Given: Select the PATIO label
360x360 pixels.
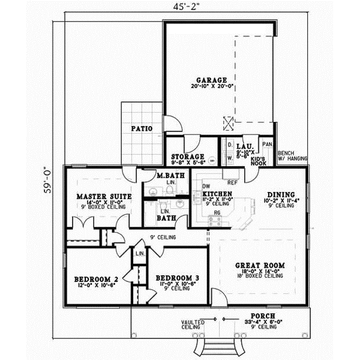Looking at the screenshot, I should coord(142,128).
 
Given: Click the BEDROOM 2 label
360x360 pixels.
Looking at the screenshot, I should coord(95,279).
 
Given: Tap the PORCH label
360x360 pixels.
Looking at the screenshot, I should coord(264,316).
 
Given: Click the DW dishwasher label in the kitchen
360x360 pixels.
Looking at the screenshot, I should coord(206,186).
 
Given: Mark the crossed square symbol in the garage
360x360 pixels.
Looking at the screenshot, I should coord(228,123).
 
